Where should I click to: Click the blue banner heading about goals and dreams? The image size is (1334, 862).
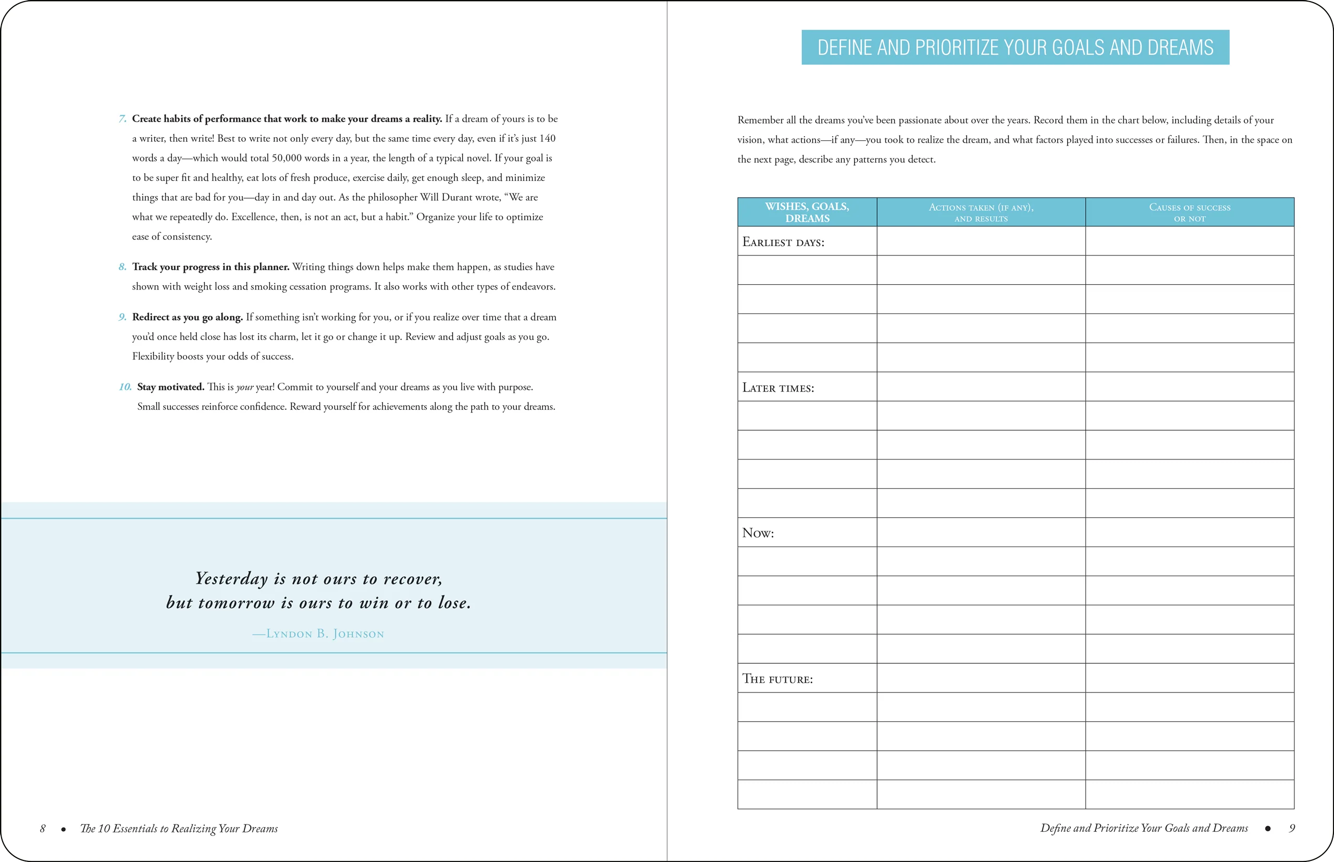point(1015,47)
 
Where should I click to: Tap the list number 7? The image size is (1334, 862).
point(122,119)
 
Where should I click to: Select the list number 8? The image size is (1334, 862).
point(122,267)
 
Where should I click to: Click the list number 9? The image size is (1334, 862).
point(122,318)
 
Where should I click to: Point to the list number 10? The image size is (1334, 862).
point(125,387)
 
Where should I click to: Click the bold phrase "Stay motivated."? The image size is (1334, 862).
point(170,387)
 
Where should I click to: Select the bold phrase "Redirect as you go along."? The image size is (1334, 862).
point(188,318)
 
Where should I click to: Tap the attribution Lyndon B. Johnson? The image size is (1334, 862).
point(318,634)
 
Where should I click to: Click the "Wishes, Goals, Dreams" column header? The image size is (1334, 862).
point(807,212)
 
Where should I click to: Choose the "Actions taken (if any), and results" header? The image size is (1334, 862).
point(981,212)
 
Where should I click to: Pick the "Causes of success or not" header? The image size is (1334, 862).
point(1189,212)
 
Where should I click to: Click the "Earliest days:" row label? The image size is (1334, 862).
point(783,242)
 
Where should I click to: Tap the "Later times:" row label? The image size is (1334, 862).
point(778,388)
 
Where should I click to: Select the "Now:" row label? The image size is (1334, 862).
point(758,533)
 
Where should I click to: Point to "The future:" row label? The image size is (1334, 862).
point(777,679)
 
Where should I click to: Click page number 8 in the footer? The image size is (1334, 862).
point(43,829)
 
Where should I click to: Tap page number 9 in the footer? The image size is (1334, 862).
point(1291,828)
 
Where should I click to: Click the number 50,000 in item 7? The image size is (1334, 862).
point(288,158)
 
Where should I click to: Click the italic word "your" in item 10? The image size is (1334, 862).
point(244,387)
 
